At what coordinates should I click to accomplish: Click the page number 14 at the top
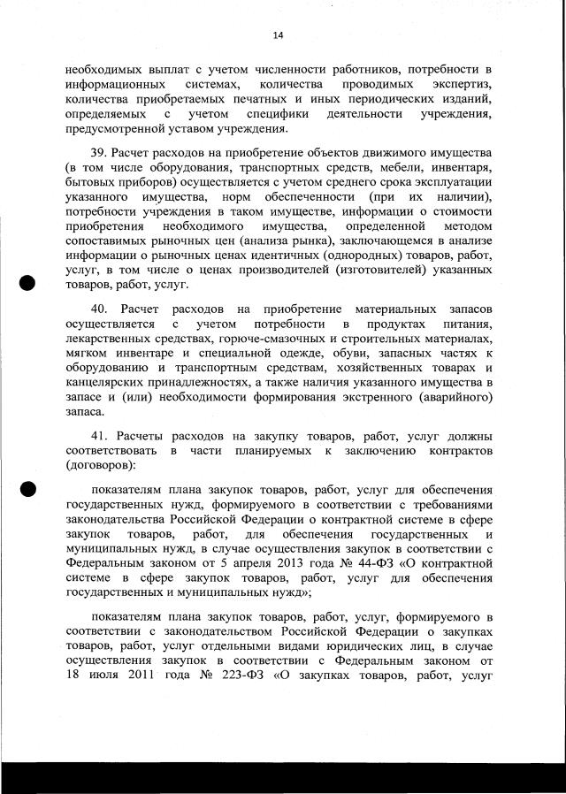tap(278, 35)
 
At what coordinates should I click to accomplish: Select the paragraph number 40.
tap(101, 310)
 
